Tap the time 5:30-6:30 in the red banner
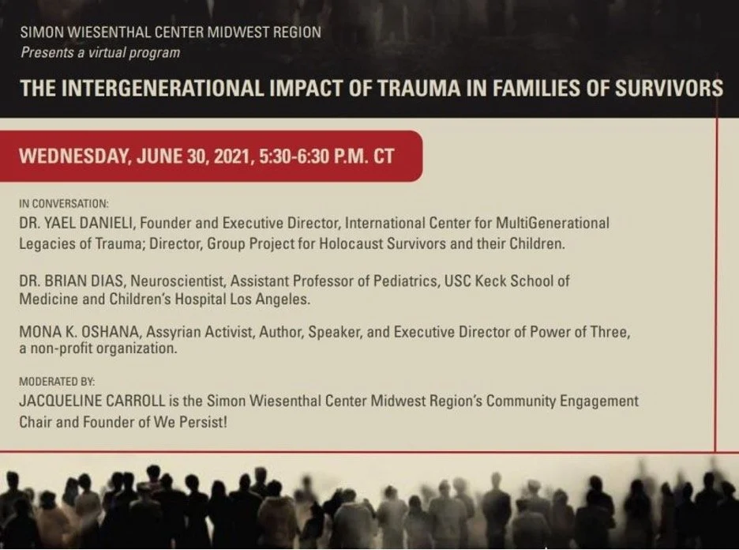coord(295,155)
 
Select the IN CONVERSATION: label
coord(65,203)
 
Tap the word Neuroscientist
coord(172,281)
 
